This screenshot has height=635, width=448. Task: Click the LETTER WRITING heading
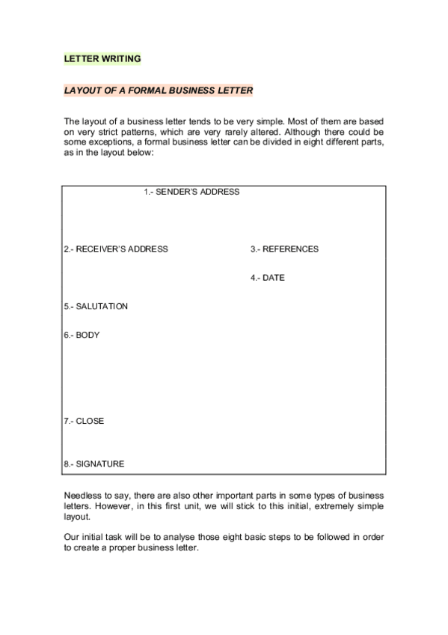[x=102, y=58]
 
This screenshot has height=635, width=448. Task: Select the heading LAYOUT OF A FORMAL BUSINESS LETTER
[x=158, y=90]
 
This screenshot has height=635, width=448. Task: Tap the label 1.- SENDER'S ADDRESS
[x=191, y=192]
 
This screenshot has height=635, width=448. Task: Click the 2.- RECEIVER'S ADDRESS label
[x=116, y=249]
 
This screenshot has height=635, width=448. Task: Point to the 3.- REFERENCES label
[x=284, y=249]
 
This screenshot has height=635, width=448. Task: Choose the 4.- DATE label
[x=268, y=278]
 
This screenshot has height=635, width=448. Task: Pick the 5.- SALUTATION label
[x=96, y=306]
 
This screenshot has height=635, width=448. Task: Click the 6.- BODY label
[x=82, y=335]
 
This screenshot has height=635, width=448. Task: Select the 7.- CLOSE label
[x=84, y=421]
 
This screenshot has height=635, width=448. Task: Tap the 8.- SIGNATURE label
[x=94, y=464]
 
